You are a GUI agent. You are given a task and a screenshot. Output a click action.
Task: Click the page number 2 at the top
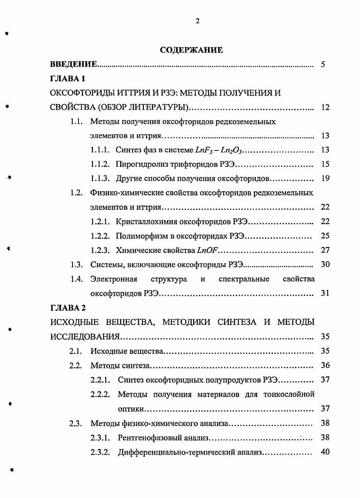click(x=197, y=20)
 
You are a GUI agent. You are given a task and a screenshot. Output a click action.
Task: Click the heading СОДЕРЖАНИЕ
click(x=191, y=50)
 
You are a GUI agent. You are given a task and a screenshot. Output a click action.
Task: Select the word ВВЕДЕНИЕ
click(x=73, y=64)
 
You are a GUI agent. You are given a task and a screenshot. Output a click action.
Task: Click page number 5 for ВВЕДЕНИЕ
click(x=323, y=64)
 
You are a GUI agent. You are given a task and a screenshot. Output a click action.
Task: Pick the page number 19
click(x=325, y=178)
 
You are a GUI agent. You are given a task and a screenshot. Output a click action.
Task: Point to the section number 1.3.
click(x=76, y=264)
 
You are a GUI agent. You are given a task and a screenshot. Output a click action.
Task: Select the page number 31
click(x=325, y=293)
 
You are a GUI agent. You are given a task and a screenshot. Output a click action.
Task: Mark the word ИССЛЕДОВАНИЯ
click(x=84, y=337)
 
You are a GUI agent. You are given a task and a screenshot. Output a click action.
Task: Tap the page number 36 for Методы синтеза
click(x=325, y=365)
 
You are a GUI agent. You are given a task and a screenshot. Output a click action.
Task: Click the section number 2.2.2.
click(x=100, y=394)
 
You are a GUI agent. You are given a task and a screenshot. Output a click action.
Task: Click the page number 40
click(x=325, y=452)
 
